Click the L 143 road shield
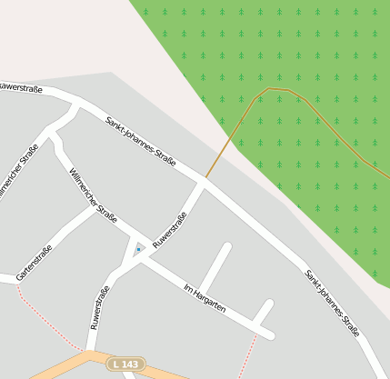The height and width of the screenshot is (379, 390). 126,364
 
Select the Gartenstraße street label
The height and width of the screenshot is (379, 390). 35,263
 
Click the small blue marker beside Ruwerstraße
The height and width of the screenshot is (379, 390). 138,248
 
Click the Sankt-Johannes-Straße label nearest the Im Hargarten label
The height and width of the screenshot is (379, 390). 332,304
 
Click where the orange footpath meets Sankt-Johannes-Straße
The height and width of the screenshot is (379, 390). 205,178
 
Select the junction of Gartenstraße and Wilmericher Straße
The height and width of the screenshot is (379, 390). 93,208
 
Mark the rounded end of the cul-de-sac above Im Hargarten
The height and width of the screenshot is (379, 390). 226,246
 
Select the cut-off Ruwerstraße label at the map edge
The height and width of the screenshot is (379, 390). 20,87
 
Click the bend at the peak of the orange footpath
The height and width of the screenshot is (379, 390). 270,88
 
